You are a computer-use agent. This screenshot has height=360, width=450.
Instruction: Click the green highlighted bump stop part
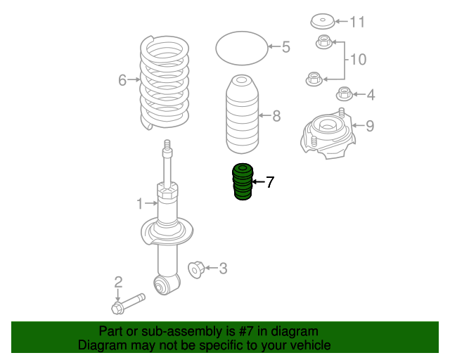(x=243, y=182)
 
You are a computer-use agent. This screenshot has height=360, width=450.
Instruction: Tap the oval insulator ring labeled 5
(x=241, y=48)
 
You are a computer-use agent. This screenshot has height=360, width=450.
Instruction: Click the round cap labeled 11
(x=324, y=22)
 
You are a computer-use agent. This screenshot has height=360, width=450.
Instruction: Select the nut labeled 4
(x=345, y=93)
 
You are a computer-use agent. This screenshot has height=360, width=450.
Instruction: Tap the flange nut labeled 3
(x=197, y=268)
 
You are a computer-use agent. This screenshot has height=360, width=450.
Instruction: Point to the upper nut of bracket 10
(x=323, y=41)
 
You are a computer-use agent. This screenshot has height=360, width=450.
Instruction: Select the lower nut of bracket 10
(x=314, y=78)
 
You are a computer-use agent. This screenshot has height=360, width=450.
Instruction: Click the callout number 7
(x=270, y=183)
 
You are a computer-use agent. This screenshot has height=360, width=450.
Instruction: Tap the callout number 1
(x=139, y=204)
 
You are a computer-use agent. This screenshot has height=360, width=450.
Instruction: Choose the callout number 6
(x=122, y=80)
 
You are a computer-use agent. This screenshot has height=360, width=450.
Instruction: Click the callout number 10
(x=358, y=60)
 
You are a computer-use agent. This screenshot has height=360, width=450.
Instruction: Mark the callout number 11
(x=358, y=22)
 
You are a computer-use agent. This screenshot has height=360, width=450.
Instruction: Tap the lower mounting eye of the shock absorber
(x=165, y=284)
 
